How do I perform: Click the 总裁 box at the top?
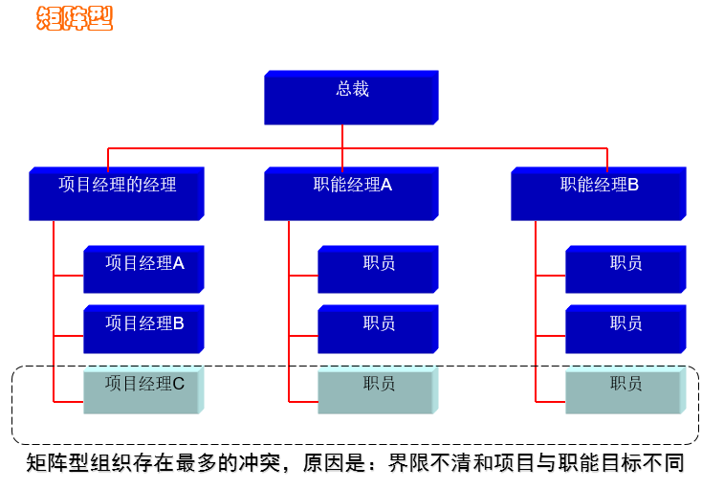click(351, 96)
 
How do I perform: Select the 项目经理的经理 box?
click(118, 192)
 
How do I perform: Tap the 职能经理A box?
click(351, 192)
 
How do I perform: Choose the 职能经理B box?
click(598, 192)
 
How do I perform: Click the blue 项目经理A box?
click(143, 269)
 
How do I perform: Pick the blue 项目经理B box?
click(143, 328)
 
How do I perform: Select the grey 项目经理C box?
click(143, 389)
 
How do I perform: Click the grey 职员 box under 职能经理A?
click(378, 389)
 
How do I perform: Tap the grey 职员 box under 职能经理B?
click(625, 389)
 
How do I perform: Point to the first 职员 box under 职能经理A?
click(378, 269)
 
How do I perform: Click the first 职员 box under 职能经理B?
click(625, 269)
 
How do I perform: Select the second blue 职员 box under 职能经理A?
click(378, 328)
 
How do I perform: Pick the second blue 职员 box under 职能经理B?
click(625, 328)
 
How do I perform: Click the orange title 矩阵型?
click(75, 17)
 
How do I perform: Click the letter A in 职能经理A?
click(386, 186)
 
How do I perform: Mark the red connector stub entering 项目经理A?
click(68, 276)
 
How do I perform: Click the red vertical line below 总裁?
click(342, 136)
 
